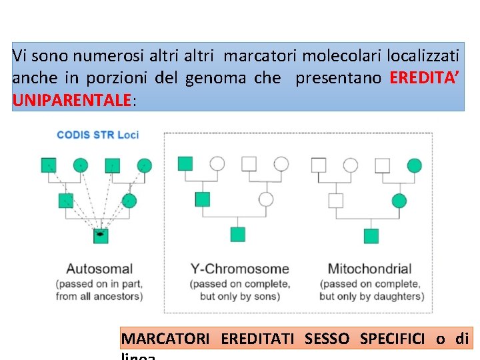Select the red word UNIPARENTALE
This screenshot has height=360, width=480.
click(71, 100)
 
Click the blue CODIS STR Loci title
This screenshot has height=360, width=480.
click(97, 135)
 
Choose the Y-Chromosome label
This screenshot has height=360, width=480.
click(240, 269)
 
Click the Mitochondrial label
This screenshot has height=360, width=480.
click(369, 269)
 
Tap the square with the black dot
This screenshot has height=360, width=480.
click(101, 234)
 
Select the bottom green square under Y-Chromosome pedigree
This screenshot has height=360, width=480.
click(238, 234)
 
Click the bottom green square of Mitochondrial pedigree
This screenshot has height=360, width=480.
click(371, 235)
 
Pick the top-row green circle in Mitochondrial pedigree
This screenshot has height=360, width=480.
click(415, 164)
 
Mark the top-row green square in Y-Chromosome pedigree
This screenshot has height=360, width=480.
click(185, 163)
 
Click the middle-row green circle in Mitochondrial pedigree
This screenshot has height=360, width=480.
click(399, 199)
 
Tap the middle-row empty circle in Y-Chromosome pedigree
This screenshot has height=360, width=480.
click(265, 199)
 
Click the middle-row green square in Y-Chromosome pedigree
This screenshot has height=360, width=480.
click(202, 199)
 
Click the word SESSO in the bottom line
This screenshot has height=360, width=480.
click(327, 339)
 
